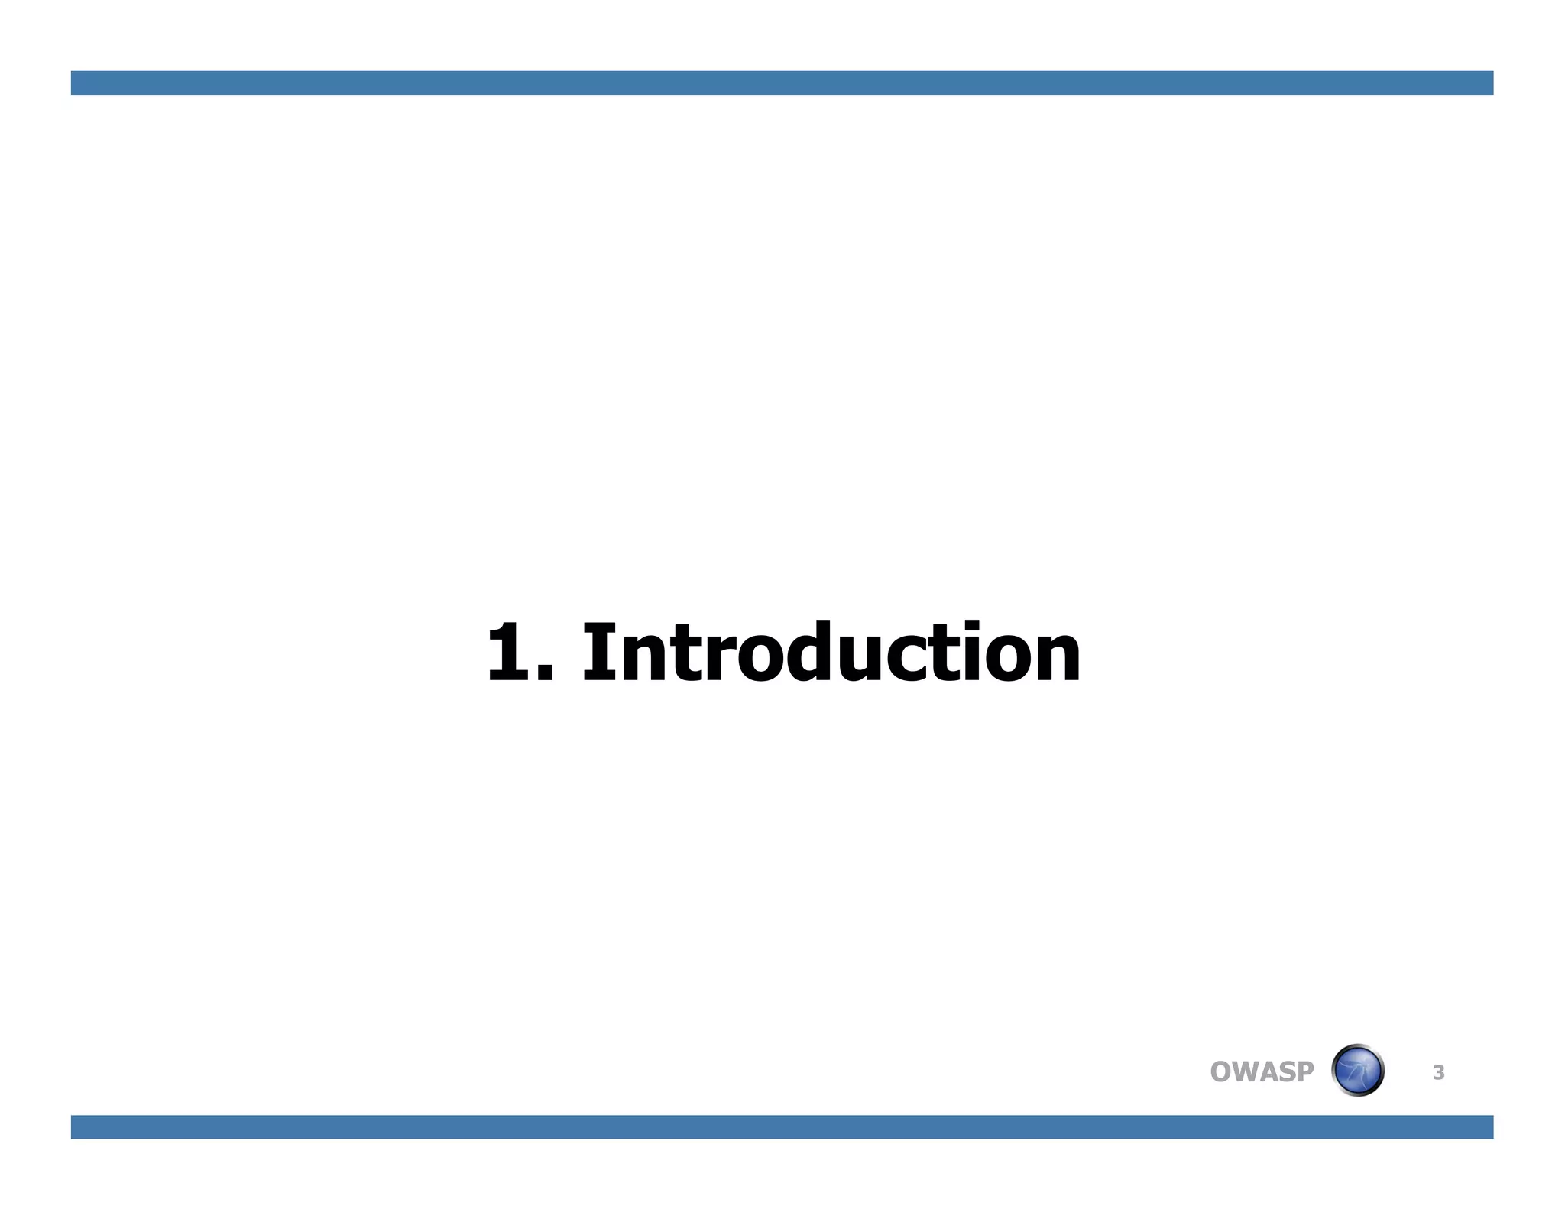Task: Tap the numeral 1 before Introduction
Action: pos(507,653)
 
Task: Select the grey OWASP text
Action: pos(1262,1071)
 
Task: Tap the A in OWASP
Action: pos(1272,1071)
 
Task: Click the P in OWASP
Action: pos(1305,1071)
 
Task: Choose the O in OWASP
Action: pos(1222,1071)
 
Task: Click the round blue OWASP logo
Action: pos(1358,1070)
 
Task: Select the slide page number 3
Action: pos(1438,1073)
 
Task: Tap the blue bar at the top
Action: pos(782,83)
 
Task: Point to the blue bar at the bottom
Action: pos(782,1127)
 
